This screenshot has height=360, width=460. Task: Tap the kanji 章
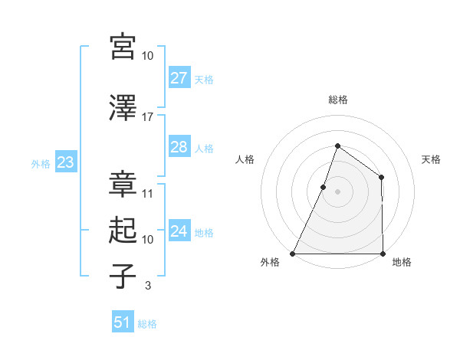[x=123, y=185]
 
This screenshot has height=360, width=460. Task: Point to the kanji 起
[x=123, y=231]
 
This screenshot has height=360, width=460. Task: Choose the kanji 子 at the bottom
[x=123, y=277]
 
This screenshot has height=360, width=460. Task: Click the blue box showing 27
[x=179, y=78]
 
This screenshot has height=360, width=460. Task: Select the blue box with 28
[x=179, y=147]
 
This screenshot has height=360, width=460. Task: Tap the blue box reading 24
[x=179, y=231]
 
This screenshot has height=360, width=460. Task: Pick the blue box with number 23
[x=65, y=162]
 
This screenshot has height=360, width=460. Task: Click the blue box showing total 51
[x=122, y=322]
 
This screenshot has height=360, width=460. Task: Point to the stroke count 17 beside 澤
[x=147, y=117]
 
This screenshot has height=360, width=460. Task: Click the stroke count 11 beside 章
[x=147, y=194]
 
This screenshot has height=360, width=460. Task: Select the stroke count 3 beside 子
[x=147, y=286]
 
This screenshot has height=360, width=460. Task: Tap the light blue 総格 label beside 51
[x=147, y=324]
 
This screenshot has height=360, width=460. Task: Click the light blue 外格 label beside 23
[x=41, y=163]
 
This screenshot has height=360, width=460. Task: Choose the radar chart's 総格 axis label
[x=337, y=100]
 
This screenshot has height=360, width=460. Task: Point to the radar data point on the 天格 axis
[x=381, y=178]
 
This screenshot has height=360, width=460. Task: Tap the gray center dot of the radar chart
[x=337, y=191]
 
